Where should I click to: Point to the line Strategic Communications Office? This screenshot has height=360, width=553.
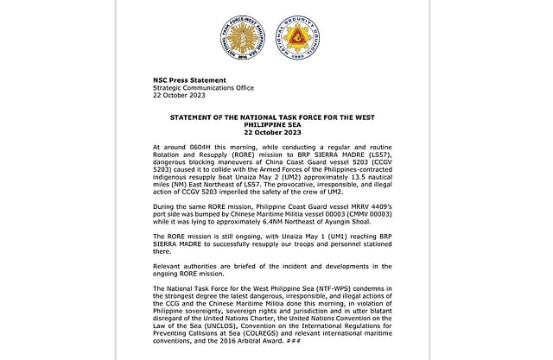(x=200, y=86)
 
